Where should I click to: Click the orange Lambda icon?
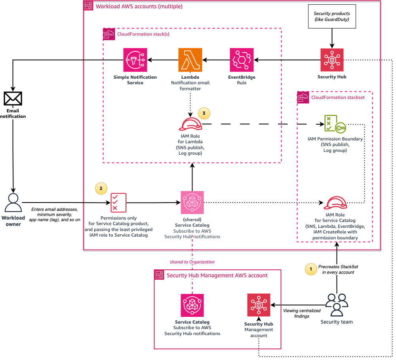click(190, 60)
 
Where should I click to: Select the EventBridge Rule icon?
click(242, 60)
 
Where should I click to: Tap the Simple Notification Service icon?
click(135, 60)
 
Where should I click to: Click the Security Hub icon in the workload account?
click(332, 60)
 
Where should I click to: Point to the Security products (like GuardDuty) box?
click(332, 17)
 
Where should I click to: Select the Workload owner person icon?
click(13, 203)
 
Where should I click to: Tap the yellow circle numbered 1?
click(311, 269)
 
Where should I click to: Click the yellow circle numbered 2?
click(101, 189)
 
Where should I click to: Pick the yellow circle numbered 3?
click(204, 113)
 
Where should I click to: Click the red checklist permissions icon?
click(118, 203)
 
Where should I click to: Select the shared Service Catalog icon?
click(192, 203)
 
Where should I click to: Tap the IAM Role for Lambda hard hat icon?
click(190, 124)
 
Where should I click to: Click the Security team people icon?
click(337, 305)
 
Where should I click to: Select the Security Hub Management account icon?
click(259, 305)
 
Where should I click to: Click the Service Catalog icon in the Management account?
click(192, 305)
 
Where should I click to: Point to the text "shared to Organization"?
click(192, 262)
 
